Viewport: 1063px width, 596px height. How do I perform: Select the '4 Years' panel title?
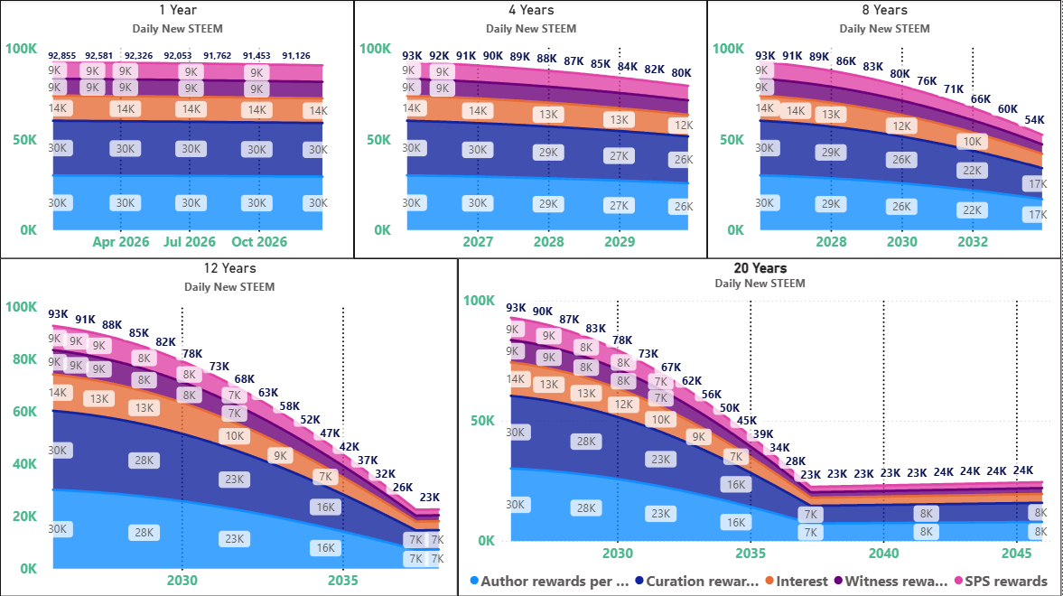pos(531,10)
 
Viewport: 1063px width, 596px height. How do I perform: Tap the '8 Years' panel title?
pos(884,10)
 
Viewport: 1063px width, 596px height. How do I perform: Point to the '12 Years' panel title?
pos(229,268)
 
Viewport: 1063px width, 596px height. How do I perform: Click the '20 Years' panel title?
pos(760,268)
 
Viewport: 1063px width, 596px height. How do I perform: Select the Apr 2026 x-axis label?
pos(120,242)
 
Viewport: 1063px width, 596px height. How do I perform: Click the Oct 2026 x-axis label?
pos(259,242)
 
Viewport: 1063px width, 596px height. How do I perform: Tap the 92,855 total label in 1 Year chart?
pos(64,56)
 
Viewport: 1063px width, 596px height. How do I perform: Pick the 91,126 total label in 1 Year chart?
pos(297,56)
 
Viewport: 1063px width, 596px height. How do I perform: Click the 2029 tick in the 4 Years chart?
pos(620,242)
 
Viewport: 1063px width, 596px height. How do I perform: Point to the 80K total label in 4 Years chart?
pos(681,73)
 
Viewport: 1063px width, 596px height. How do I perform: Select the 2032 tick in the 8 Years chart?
pos(972,242)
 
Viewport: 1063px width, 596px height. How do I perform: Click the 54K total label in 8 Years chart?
pos(1034,120)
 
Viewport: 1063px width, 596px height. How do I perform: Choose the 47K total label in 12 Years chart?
pos(331,433)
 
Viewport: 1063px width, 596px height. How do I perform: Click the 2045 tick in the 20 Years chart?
pos(1017,553)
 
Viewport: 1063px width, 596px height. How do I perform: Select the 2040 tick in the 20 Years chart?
pos(883,553)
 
